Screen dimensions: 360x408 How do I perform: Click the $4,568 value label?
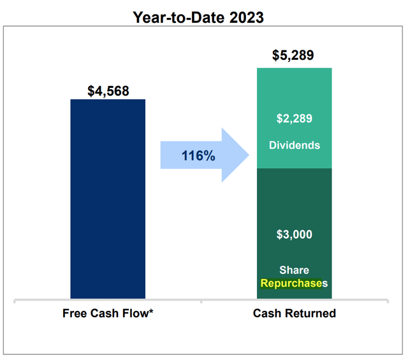point(108,91)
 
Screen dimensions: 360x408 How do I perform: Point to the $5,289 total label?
point(294,55)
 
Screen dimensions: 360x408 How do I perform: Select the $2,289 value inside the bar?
point(294,119)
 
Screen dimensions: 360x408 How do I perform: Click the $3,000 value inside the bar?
point(294,234)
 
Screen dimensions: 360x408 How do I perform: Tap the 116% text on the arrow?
point(198,155)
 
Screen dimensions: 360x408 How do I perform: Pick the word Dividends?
point(294,145)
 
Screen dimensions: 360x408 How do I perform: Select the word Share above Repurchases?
point(294,270)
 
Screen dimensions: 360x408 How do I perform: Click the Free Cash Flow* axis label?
point(108,313)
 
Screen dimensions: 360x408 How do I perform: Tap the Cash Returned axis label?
point(294,313)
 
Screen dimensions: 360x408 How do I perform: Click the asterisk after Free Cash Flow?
point(151,312)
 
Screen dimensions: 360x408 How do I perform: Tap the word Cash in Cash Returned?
point(266,313)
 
